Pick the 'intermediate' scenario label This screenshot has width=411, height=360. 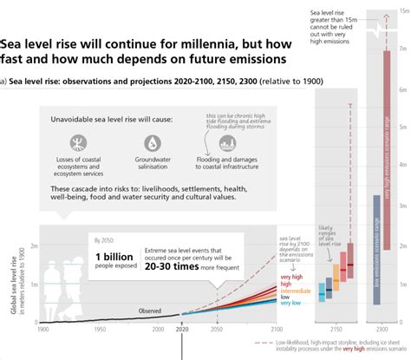pyautogui.click(x=297, y=289)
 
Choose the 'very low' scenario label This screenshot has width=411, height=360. pyautogui.click(x=291, y=303)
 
